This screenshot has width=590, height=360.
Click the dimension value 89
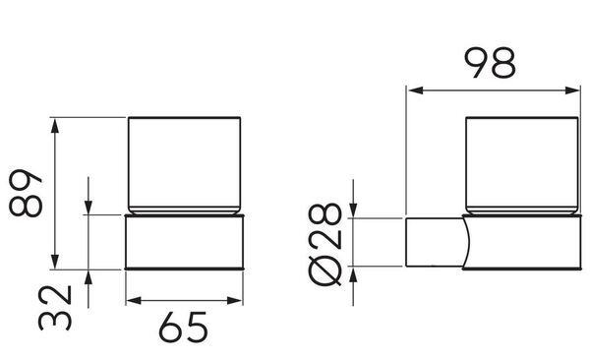click(x=26, y=194)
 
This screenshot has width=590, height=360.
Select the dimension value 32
click(x=55, y=308)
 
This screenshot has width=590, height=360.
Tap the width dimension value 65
click(x=183, y=327)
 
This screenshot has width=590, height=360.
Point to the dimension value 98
click(x=491, y=63)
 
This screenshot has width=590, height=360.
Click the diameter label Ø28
click(x=325, y=244)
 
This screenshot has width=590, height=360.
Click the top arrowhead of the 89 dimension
click(x=55, y=125)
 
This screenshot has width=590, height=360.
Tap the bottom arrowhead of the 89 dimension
click(x=55, y=262)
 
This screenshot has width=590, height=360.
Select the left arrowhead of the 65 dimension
click(x=134, y=301)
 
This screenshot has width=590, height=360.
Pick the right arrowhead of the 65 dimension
click(x=235, y=301)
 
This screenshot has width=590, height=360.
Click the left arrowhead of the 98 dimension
click(x=416, y=90)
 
